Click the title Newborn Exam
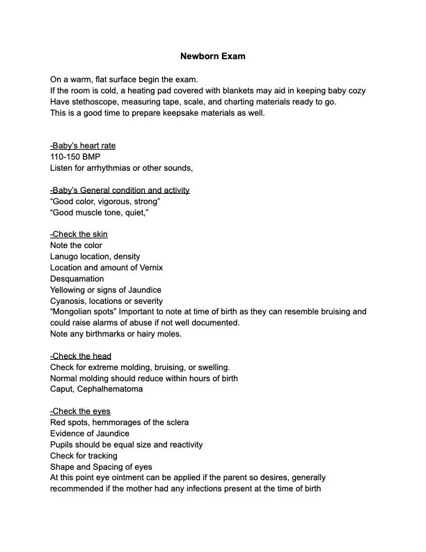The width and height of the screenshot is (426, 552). tap(212, 56)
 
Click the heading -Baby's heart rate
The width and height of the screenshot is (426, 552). tap(83, 146)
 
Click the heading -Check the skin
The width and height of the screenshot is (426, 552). tap(79, 234)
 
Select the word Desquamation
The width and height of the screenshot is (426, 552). tap(77, 279)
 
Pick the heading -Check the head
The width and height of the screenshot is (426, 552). tap(81, 356)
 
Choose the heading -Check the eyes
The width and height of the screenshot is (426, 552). tap(80, 411)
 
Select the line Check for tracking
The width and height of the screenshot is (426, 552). tap(84, 456)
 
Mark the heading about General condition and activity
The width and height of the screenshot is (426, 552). tap(120, 190)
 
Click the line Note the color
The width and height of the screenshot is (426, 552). tap(76, 245)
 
